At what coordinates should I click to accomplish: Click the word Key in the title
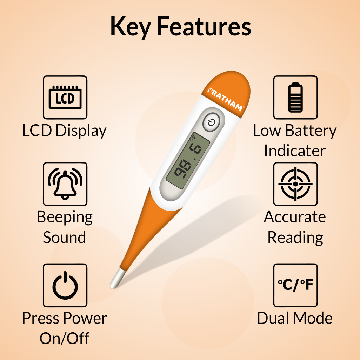(x=130, y=27)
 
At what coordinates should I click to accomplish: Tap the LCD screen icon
(x=65, y=98)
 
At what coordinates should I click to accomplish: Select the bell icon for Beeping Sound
(x=65, y=184)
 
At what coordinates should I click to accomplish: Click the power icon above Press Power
(x=65, y=285)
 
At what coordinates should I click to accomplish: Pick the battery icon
(x=295, y=97)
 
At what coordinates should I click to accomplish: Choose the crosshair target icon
(x=295, y=184)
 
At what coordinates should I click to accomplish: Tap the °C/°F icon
(x=295, y=285)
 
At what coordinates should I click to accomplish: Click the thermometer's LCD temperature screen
(x=188, y=161)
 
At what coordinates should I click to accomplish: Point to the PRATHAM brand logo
(x=226, y=99)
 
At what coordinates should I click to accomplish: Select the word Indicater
(x=295, y=151)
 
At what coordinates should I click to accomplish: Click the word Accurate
(x=295, y=217)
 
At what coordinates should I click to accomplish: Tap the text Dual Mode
(x=295, y=318)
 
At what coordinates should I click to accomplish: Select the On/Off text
(x=65, y=338)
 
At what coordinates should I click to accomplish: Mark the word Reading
(x=295, y=238)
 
